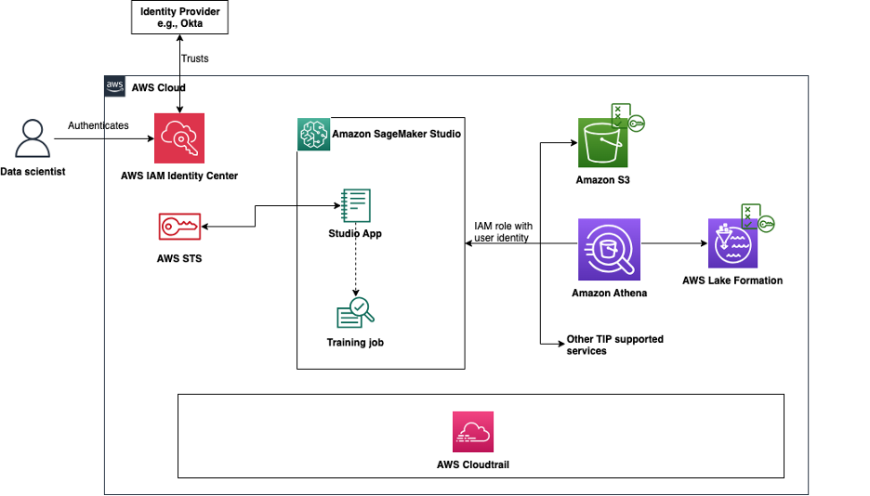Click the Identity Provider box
point(180,18)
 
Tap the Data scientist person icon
point(33,139)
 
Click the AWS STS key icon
point(179,228)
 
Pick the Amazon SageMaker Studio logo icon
point(312,134)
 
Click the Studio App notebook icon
point(355,204)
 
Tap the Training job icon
point(355,313)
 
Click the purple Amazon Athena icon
point(609,249)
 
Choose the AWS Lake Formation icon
point(733,244)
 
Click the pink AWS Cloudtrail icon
point(473,432)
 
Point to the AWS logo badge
point(115,86)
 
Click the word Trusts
point(194,58)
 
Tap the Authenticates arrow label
point(99,125)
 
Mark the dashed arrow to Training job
point(355,268)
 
